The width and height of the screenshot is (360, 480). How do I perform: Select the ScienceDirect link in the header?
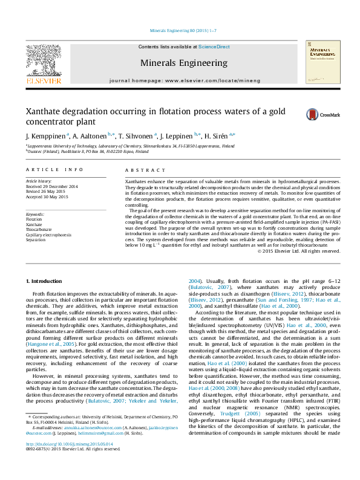pyautogui.click(x=214, y=47)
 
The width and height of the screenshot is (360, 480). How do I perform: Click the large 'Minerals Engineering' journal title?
pyautogui.click(x=184, y=62)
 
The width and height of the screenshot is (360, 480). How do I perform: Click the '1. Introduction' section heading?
pyautogui.click(x=46, y=281)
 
